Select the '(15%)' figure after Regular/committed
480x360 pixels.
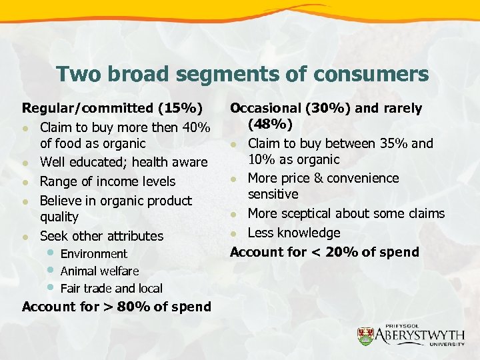pyautogui.click(x=181, y=108)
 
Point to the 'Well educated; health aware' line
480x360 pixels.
pyautogui.click(x=123, y=162)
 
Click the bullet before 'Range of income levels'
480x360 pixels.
pyautogui.click(x=25, y=182)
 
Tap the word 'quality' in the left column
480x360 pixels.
pyautogui.click(x=59, y=217)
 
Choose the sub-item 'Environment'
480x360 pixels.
pyautogui.click(x=93, y=253)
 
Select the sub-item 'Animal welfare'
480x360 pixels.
pyautogui.click(x=99, y=271)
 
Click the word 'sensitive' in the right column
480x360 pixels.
pyautogui.click(x=273, y=194)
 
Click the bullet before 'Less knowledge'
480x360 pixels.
pyautogui.click(x=234, y=233)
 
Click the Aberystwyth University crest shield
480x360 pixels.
pyautogui.click(x=366, y=335)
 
